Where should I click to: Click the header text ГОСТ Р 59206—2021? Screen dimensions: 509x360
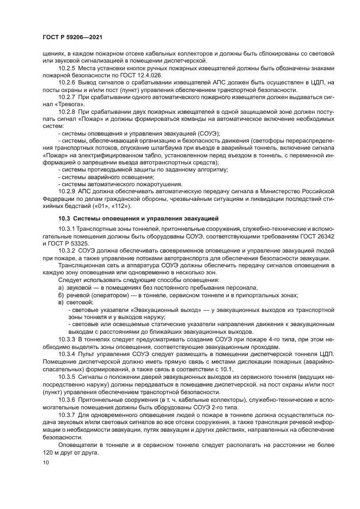coord(72,37)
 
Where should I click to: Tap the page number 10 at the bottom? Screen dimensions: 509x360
coord(45,463)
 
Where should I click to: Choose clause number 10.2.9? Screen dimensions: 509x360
coord(66,192)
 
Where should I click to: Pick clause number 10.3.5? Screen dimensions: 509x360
coord(66,376)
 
